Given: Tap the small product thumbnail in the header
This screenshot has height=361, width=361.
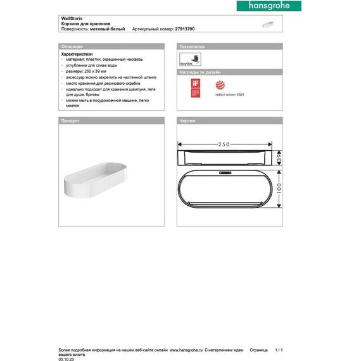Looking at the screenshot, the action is click(x=270, y=25).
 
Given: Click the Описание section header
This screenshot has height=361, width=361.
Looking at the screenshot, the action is click(x=70, y=47).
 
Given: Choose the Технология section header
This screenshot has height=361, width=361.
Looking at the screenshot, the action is click(x=193, y=47).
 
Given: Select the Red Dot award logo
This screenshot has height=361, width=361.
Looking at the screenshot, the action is click(x=219, y=85).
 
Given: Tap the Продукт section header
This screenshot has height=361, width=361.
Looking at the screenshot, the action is click(x=69, y=120).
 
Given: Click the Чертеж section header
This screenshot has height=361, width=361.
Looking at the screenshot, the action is click(x=187, y=120).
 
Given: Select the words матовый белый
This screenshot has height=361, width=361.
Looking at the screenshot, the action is click(x=108, y=29).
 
